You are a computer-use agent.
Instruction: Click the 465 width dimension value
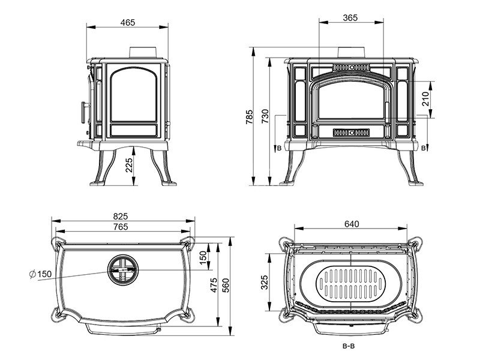tap(127, 22)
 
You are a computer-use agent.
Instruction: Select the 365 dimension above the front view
tap(351, 18)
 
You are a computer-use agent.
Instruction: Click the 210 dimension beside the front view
tap(425, 98)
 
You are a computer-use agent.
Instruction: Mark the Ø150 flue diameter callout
tap(40, 274)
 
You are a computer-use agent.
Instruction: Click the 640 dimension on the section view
tap(352, 225)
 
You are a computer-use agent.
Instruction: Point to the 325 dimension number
tap(266, 281)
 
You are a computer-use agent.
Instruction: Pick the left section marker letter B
tap(278, 147)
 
